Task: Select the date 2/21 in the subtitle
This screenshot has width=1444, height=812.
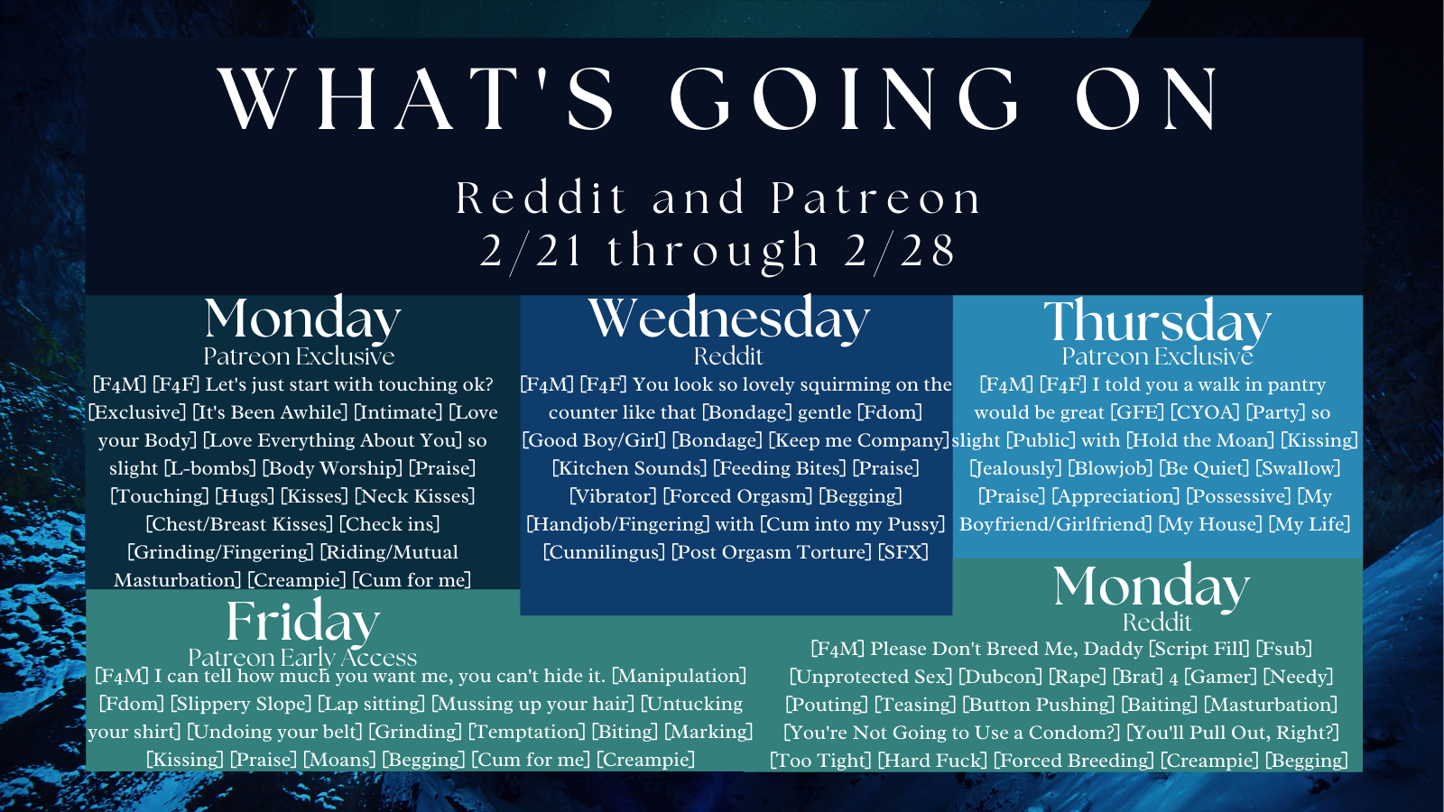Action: pyautogui.click(x=532, y=251)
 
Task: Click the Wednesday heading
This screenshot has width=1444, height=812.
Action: pyautogui.click(x=729, y=319)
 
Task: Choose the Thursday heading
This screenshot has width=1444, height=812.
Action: pyautogui.click(x=1157, y=321)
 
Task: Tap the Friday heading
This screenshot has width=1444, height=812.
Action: pyautogui.click(x=303, y=622)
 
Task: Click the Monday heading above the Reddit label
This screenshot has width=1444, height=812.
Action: pyautogui.click(x=1152, y=586)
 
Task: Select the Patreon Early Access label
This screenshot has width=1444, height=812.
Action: pyautogui.click(x=303, y=658)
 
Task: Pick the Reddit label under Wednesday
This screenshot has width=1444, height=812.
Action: pyautogui.click(x=728, y=356)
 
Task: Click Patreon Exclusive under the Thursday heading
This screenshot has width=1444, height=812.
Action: pyautogui.click(x=1157, y=356)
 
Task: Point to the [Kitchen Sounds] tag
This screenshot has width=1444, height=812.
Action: pyautogui.click(x=630, y=468)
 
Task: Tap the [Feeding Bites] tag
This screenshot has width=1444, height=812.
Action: pyautogui.click(x=780, y=468)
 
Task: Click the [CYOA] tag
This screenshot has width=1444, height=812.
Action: pyautogui.click(x=1205, y=412)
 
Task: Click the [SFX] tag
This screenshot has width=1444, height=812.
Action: pyautogui.click(x=903, y=552)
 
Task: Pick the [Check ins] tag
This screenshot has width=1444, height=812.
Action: pyautogui.click(x=390, y=524)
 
